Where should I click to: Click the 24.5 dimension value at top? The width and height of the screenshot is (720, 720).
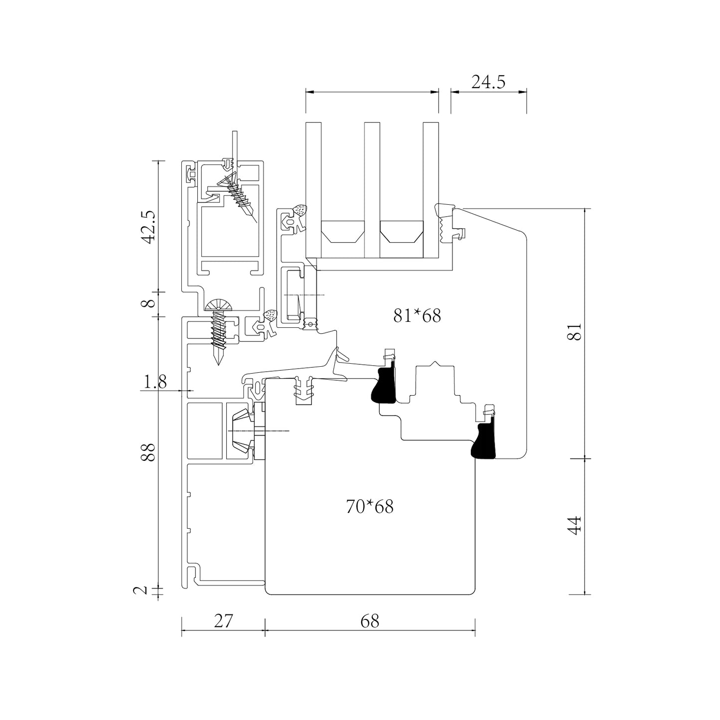pos(488,82)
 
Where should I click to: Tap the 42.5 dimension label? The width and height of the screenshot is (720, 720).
pos(150,227)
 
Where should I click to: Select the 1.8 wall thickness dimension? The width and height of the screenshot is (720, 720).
pos(155,382)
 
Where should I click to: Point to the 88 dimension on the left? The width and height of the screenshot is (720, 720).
pos(149,452)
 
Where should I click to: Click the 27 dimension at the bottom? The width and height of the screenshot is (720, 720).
pos(223,621)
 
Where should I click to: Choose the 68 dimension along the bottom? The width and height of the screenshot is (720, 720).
pos(370,621)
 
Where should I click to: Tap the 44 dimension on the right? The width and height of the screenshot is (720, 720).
pos(576,525)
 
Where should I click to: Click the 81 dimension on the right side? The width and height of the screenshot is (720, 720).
pos(576,331)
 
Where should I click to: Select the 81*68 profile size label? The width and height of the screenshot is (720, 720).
pos(417,316)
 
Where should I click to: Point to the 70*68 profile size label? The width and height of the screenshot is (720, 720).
pos(370,507)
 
